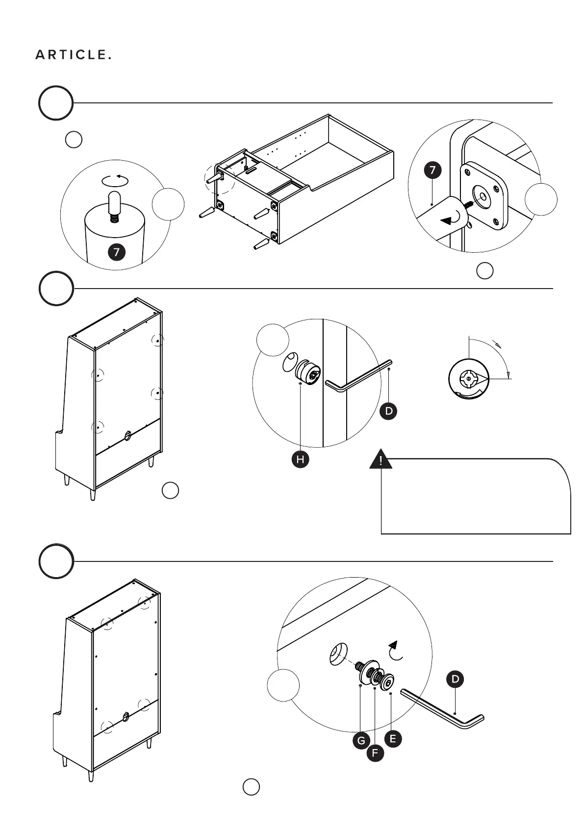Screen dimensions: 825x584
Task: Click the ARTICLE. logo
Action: coord(74,55)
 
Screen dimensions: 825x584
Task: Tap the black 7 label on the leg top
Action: coord(117,252)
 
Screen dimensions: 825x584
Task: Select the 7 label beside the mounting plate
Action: coord(432,170)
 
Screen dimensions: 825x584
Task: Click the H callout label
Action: coord(300,460)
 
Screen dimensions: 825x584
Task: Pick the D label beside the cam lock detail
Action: coord(389,411)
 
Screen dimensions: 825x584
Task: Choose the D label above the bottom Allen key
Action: coord(456,679)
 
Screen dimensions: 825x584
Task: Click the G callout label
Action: coord(361,740)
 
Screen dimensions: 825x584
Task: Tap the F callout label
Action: coord(375,753)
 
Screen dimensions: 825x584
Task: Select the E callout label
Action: coord(393,739)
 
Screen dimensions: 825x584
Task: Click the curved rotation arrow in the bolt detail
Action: coord(395,651)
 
